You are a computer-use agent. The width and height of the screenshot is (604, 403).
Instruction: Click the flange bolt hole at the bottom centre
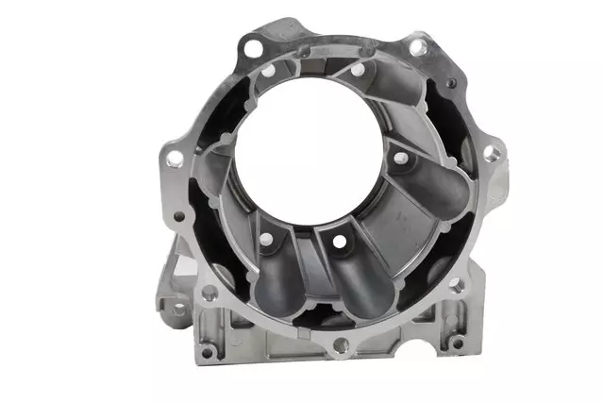tap(341, 346)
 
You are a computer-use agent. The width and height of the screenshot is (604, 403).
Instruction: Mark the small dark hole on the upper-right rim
tap(452, 85)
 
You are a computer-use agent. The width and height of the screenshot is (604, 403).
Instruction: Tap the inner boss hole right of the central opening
tap(400, 158)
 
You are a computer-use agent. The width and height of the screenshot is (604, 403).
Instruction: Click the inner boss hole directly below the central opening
tap(337, 242)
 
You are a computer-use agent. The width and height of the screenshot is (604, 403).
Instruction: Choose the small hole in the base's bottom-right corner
tap(457, 344)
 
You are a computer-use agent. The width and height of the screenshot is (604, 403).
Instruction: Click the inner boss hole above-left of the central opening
tap(269, 71)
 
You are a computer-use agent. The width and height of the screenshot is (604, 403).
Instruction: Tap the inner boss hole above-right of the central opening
tap(358, 69)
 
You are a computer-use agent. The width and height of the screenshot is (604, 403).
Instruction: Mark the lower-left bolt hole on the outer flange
tap(210, 293)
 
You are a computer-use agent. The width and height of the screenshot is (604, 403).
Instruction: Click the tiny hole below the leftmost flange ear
tap(178, 216)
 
